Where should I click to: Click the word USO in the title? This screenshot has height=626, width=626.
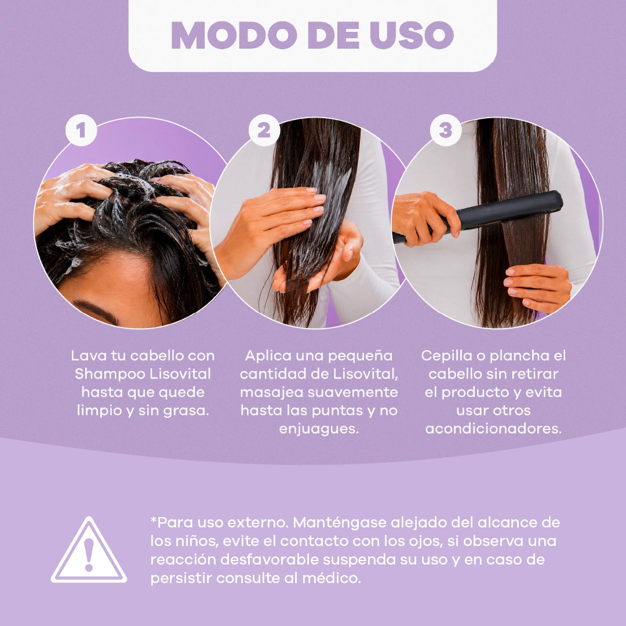tap(412, 35)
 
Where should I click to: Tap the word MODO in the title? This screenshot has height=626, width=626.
tap(234, 35)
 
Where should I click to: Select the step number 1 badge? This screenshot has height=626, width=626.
tap(81, 130)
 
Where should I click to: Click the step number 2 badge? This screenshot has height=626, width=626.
tap(264, 130)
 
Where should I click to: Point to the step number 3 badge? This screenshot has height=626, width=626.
tap(446, 130)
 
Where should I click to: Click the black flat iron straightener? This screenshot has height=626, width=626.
tap(479, 216)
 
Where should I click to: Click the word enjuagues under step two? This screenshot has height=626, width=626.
tap(319, 429)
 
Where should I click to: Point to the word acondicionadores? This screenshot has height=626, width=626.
tap(493, 429)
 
